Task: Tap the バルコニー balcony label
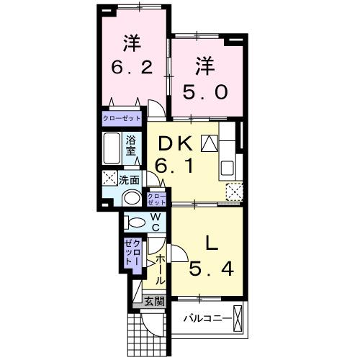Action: pyautogui.click(x=206, y=318)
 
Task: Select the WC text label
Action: pyautogui.click(x=155, y=222)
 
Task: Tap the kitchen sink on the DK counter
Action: pyautogui.click(x=228, y=168)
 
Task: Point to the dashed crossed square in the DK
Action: pyautogui.click(x=234, y=191)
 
